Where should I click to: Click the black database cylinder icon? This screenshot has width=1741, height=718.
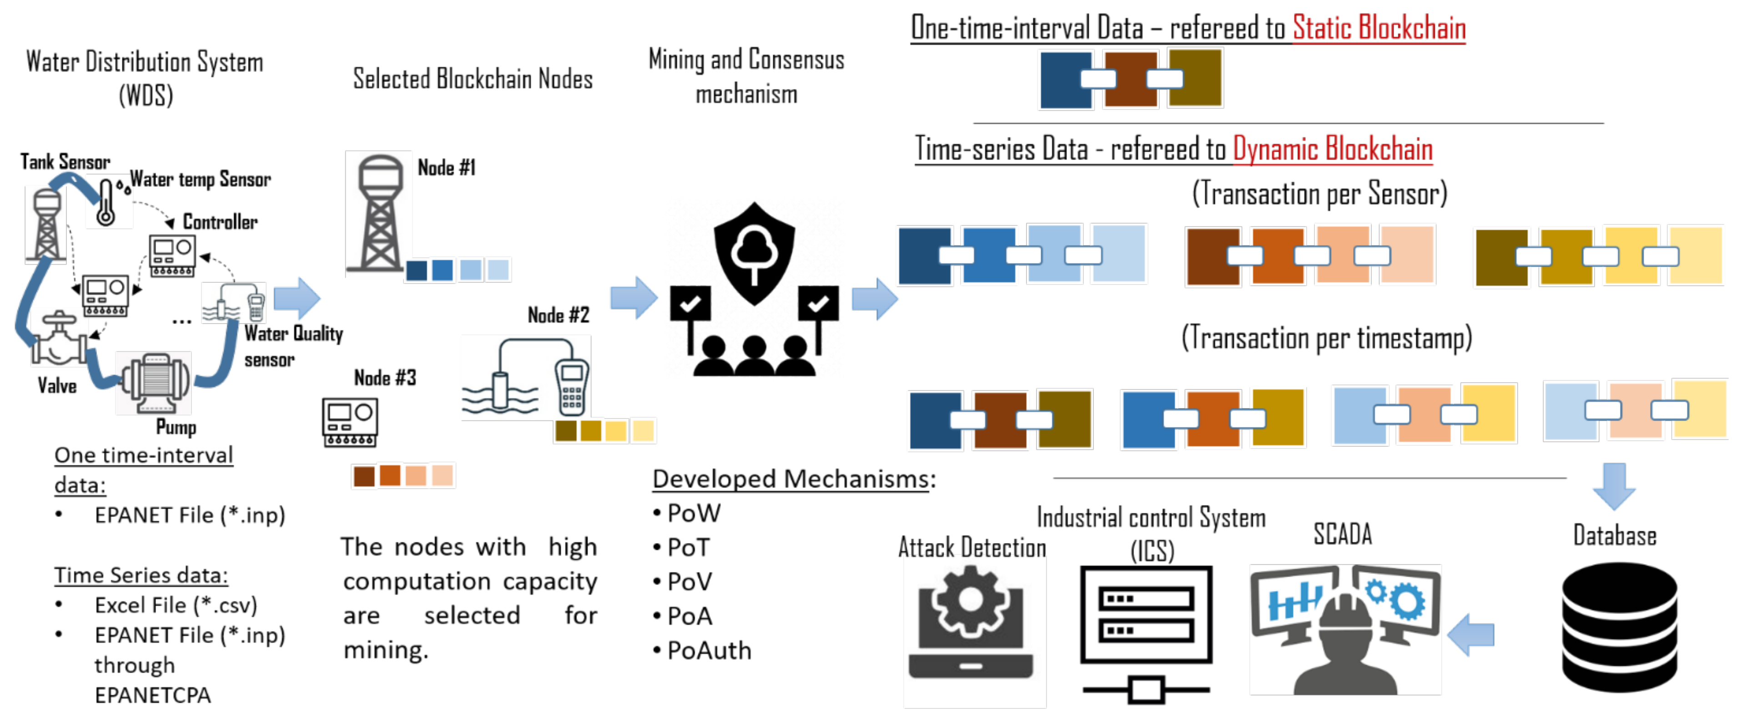pos(1620,628)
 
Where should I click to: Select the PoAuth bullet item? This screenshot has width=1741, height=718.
pos(708,650)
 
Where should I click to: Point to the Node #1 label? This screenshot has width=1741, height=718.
pos(446,168)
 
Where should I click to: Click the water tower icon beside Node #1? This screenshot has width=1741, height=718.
pos(379,213)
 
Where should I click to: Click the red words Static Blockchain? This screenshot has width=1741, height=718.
pos(1379,28)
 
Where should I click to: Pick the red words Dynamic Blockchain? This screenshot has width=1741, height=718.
pos(1332,149)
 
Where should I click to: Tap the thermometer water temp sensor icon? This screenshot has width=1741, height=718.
pos(106,202)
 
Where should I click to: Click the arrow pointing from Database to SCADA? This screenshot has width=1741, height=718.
pos(1472,634)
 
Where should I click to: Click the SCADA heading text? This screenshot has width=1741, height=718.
pos(1342,534)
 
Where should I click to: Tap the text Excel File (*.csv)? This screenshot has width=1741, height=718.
pos(176,605)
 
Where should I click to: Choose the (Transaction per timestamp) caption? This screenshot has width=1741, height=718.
pos(1326,338)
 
